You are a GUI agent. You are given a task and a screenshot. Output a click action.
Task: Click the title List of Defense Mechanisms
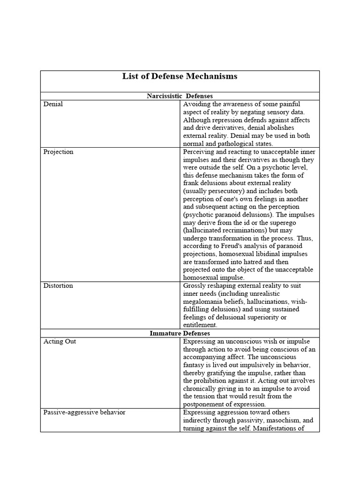(x=180, y=76)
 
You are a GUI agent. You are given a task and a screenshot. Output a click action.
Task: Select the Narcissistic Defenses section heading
(x=180, y=96)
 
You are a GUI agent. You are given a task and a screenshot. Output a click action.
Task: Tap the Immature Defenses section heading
(x=180, y=333)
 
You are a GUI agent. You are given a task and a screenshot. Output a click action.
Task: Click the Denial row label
(x=53, y=104)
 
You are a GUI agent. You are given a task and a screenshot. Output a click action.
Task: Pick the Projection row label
(x=58, y=152)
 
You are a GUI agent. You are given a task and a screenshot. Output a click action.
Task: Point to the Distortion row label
(x=58, y=285)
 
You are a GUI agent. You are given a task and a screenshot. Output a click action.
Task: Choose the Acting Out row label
(x=60, y=341)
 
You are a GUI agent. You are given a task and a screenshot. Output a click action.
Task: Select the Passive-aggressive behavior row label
(x=84, y=412)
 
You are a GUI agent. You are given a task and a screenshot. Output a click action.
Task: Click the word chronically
(x=200, y=389)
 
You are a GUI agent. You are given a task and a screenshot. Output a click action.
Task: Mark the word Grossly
(x=195, y=285)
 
